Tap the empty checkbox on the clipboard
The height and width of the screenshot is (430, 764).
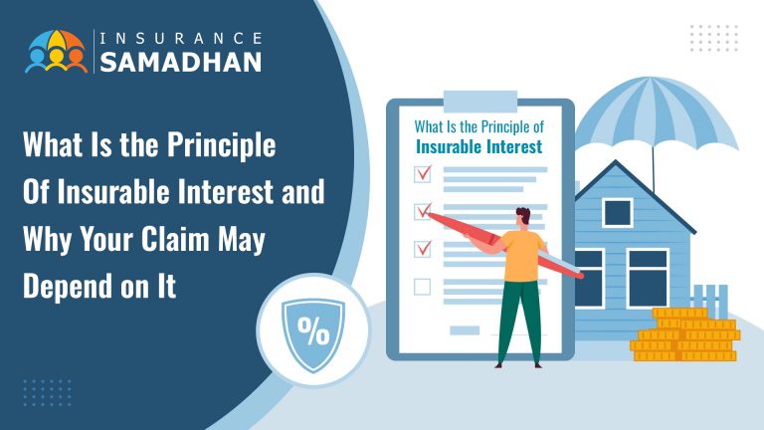[x=422, y=287]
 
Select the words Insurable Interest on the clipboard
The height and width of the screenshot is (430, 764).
[x=479, y=147]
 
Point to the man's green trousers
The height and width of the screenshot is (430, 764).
[x=520, y=319]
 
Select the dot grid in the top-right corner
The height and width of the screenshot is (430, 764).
[x=713, y=39]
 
